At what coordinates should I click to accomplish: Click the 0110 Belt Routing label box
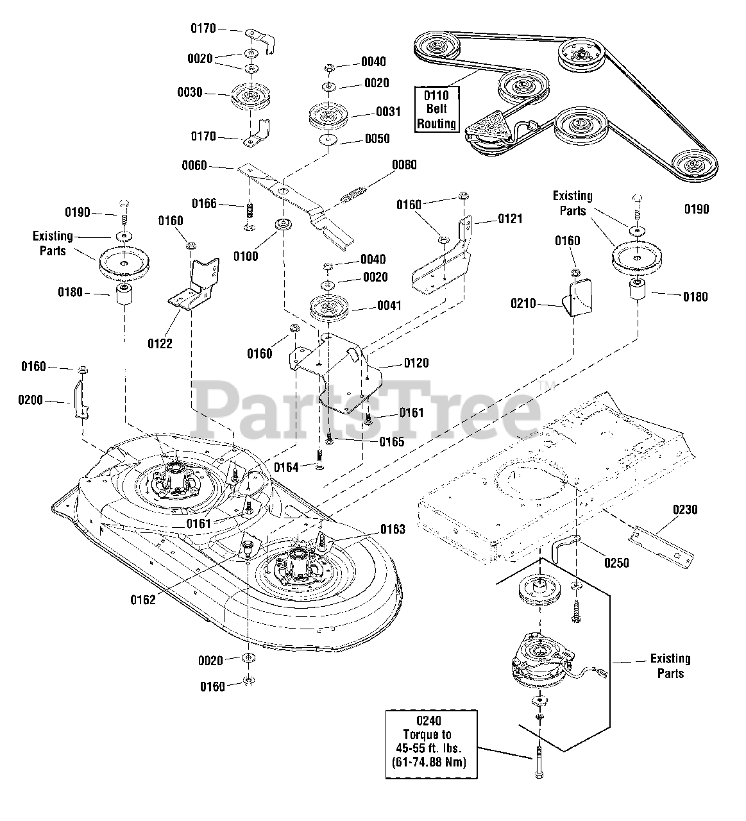tap(436, 109)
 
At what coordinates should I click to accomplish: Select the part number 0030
tap(190, 92)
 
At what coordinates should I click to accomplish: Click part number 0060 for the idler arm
tap(194, 165)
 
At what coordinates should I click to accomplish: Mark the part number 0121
tap(510, 219)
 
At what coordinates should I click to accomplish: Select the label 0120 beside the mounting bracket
tap(416, 363)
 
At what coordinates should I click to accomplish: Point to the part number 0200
tap(30, 400)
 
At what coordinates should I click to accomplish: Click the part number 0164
tap(287, 467)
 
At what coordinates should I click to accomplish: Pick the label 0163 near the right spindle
tap(393, 529)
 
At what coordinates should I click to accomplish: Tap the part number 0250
tap(616, 563)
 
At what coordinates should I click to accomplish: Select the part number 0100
tap(246, 256)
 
